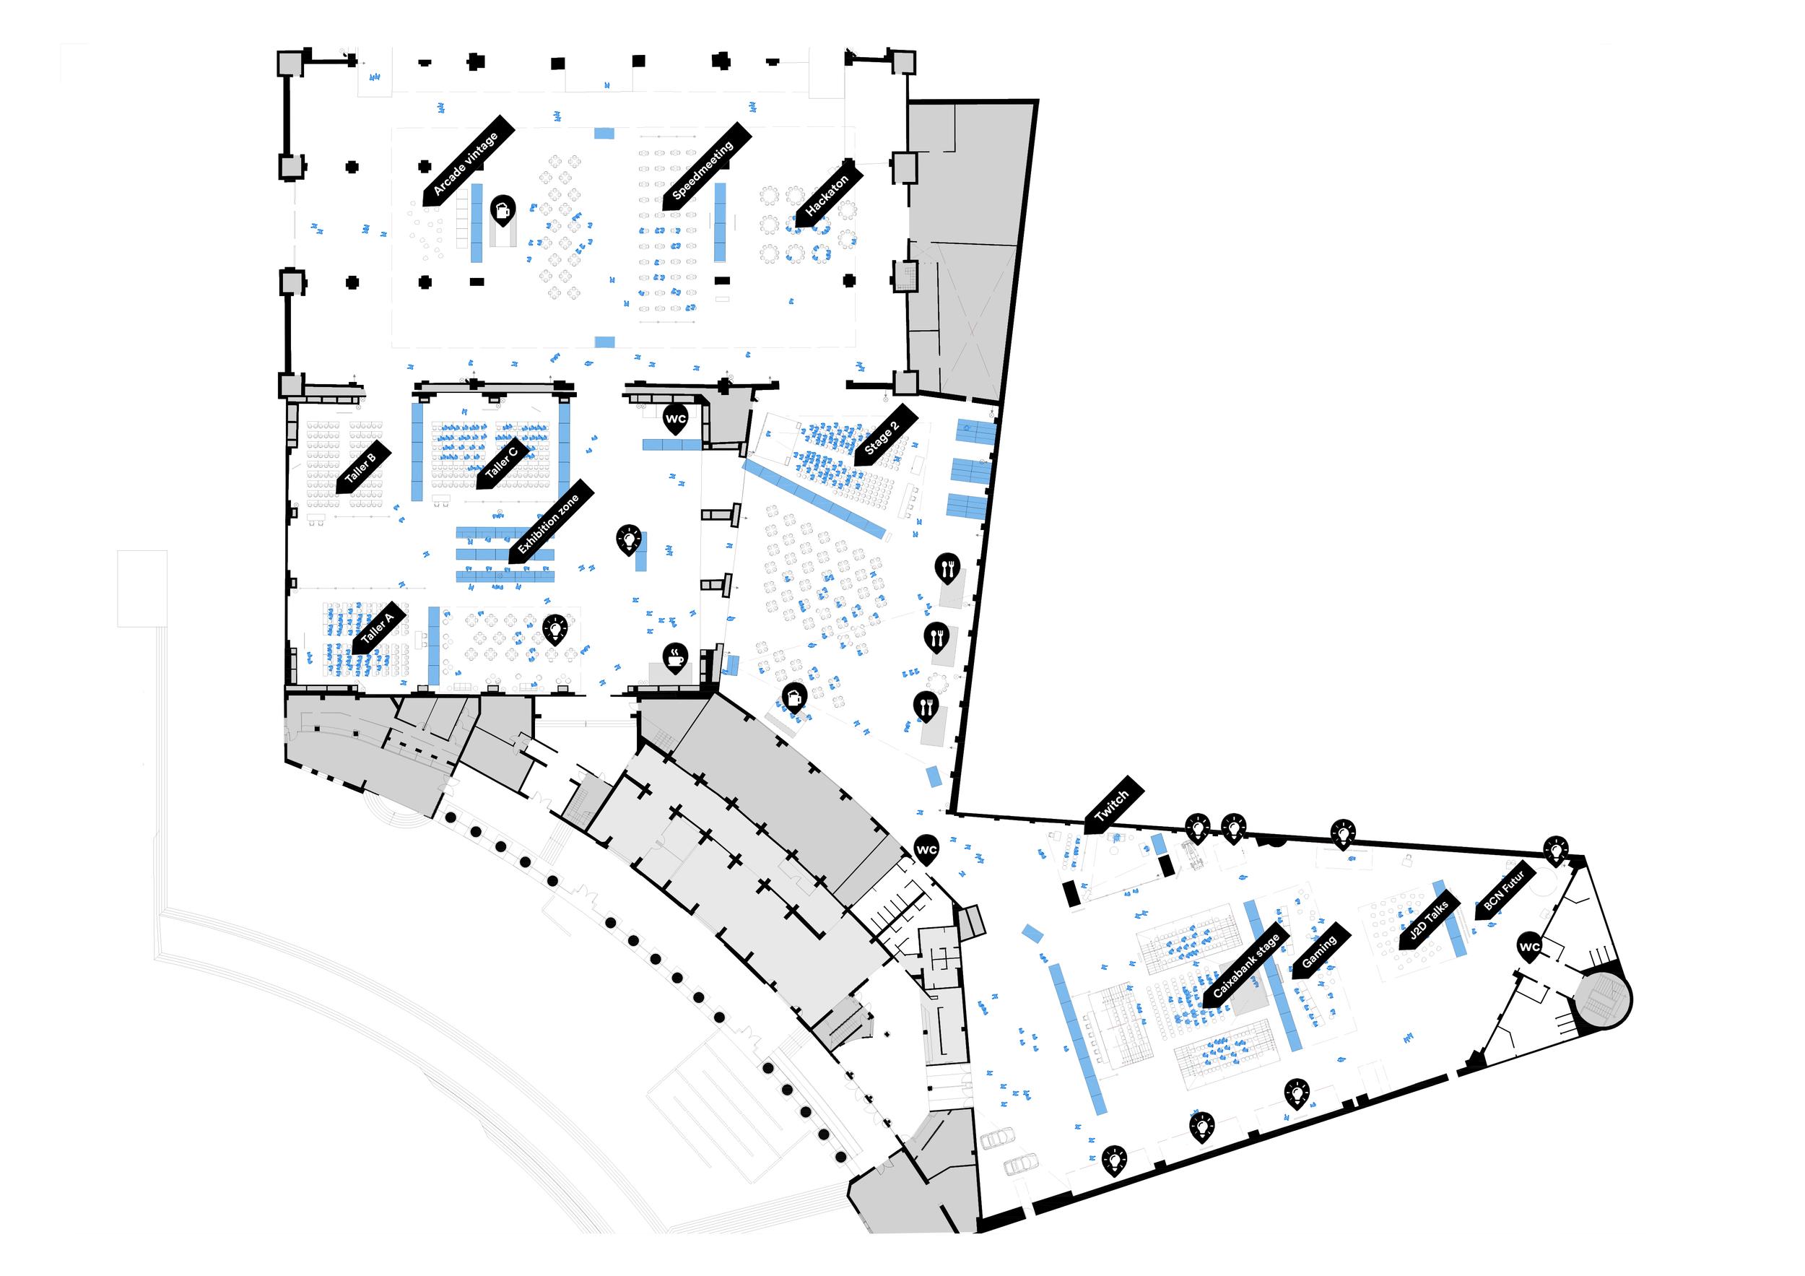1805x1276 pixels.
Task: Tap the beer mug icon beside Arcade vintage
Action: [503, 209]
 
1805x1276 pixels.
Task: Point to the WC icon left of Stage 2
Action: [675, 417]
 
